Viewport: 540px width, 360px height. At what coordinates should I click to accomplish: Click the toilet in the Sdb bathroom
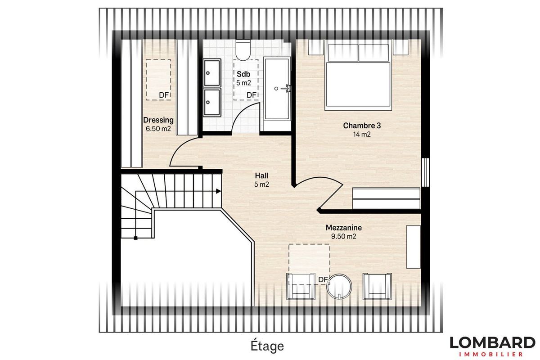coord(243,49)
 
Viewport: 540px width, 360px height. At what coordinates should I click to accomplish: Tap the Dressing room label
coord(158,120)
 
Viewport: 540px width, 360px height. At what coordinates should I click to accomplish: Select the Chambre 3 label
coord(362,126)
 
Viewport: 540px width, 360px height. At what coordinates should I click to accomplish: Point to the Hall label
coord(261,175)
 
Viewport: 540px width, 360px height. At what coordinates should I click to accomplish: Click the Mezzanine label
coord(343,228)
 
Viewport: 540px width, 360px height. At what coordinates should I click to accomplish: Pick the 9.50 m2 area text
coord(343,236)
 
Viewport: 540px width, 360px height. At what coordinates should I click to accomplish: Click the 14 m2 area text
coord(362,134)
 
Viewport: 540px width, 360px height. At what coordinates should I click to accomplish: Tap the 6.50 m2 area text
coord(158,129)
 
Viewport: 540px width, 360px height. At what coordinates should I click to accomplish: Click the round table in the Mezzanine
coord(339,287)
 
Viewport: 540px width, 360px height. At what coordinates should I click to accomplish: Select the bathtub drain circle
coord(276,89)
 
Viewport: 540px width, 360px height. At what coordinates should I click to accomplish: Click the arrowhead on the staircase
coord(218,191)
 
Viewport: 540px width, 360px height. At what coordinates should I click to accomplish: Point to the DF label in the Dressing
coord(164,95)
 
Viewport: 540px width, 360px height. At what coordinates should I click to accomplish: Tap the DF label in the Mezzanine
coord(323,280)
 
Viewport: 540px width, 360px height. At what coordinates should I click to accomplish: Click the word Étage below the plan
coord(267,346)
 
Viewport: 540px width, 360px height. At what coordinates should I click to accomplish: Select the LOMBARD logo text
coord(493,342)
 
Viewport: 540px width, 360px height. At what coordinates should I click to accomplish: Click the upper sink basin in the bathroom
coord(212,72)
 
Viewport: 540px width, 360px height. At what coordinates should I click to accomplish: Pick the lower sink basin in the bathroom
coord(212,102)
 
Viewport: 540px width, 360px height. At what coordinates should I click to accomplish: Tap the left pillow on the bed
coord(343,53)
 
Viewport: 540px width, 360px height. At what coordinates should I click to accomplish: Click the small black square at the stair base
coord(135,238)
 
